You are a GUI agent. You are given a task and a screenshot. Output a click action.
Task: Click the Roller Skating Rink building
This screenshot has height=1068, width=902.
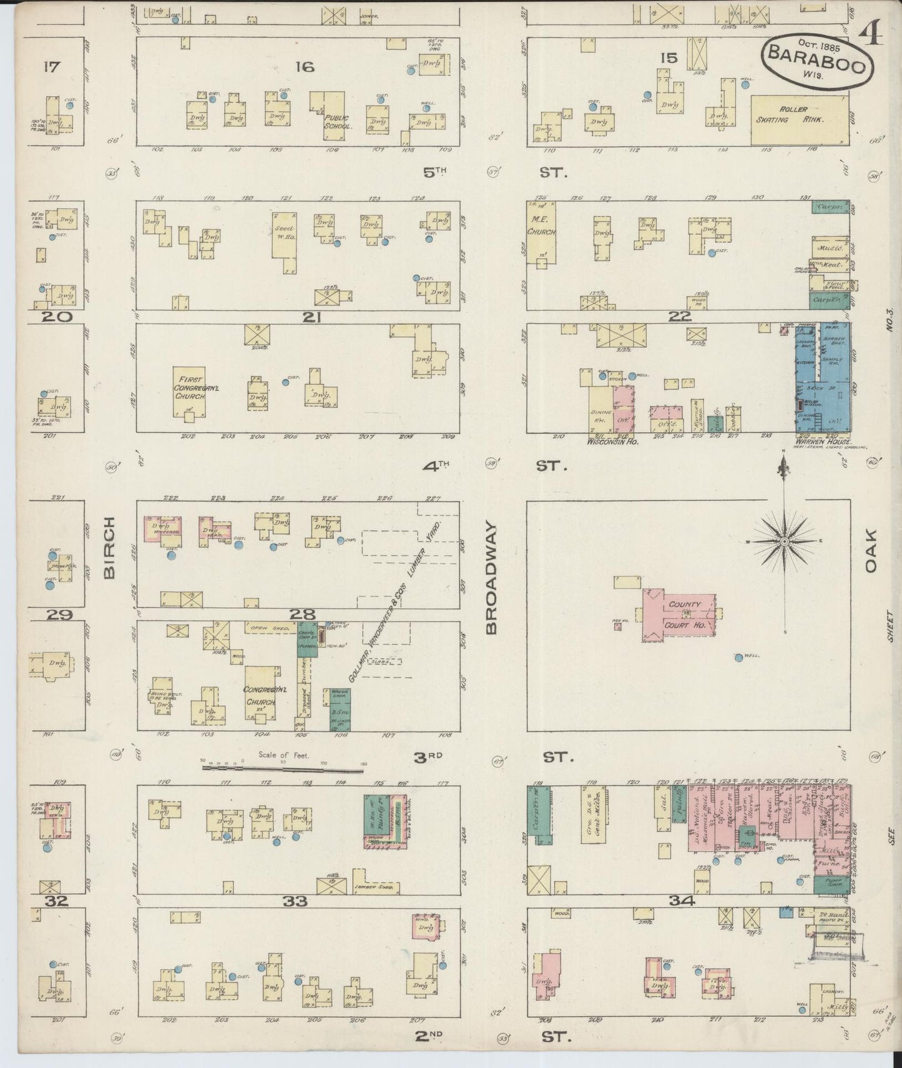[x=799, y=120]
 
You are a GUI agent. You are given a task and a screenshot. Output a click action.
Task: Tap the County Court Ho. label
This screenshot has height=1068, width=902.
[x=685, y=615]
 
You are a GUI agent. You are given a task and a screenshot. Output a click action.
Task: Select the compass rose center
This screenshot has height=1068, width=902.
[x=783, y=542]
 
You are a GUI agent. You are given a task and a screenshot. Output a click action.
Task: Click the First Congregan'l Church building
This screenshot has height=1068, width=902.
[x=189, y=392]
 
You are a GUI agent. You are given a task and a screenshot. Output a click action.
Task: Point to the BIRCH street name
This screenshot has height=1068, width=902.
[x=109, y=548]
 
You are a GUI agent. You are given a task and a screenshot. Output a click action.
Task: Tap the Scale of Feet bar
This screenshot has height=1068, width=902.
[x=283, y=769]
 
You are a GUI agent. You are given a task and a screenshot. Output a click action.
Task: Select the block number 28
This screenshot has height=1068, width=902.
[x=301, y=615]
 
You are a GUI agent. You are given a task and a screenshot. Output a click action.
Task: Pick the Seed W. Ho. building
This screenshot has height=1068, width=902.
[x=284, y=236]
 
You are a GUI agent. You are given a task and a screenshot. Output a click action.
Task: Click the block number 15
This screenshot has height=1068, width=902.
[x=669, y=58]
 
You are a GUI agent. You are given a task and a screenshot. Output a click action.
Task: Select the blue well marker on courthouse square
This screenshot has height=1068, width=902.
[x=738, y=657]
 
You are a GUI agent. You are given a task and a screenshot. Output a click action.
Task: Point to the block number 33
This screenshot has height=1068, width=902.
[x=295, y=901]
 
